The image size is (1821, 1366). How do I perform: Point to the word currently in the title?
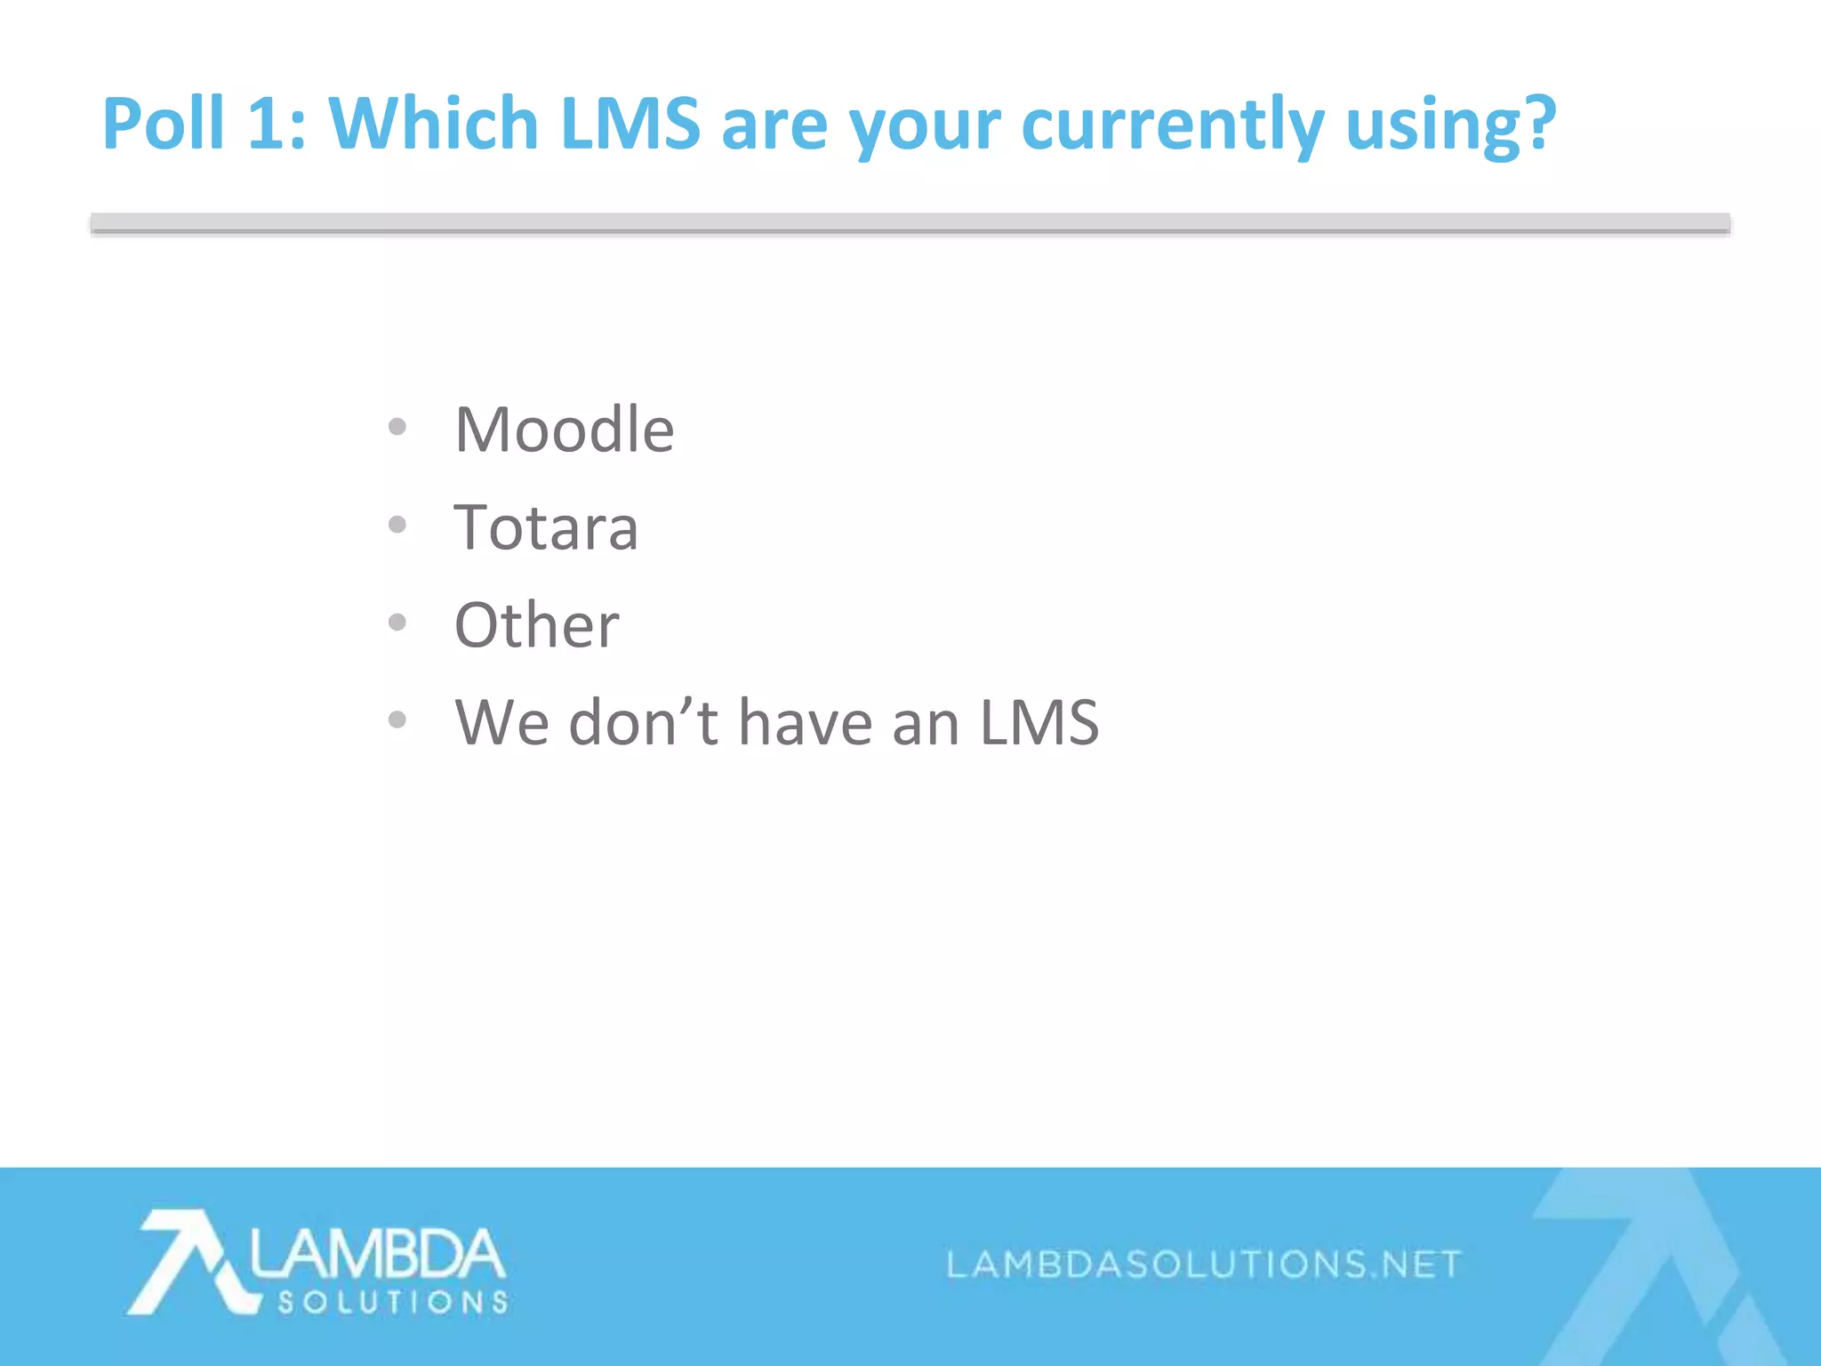coord(1173,125)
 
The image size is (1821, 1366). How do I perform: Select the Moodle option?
coord(565,430)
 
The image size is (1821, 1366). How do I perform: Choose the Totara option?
coord(546,527)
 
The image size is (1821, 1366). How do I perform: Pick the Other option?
coord(536,624)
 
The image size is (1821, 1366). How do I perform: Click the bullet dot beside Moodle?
coord(397,427)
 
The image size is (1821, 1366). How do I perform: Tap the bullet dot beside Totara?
coord(397,525)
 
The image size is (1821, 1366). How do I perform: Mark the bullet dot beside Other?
coord(397,622)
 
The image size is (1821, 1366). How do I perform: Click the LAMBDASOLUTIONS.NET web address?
coord(1203,1264)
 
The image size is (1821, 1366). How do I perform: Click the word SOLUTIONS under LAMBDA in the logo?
coord(392,1303)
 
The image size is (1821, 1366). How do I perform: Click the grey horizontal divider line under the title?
coord(910,224)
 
